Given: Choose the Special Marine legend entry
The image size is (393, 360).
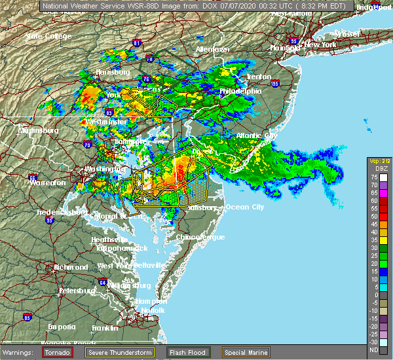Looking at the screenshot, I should click(x=246, y=351).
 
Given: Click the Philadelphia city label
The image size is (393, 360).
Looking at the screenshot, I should click(x=240, y=91).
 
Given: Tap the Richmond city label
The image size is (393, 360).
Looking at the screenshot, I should click(x=70, y=267).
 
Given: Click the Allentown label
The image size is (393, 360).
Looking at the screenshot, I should click(x=212, y=49).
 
